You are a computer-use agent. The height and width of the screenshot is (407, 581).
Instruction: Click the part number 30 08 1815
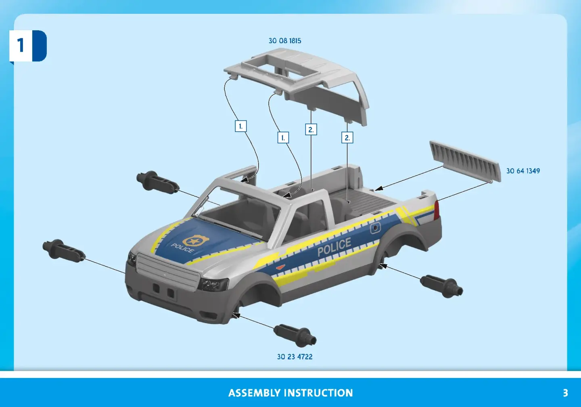(x=285, y=41)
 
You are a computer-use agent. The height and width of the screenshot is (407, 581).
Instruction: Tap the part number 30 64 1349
(x=523, y=171)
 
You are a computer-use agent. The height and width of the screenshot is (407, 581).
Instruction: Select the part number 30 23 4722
(x=295, y=357)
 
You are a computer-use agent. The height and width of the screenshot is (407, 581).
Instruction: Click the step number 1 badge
(x=28, y=46)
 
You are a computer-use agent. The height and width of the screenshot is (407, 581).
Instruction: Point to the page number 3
(x=565, y=393)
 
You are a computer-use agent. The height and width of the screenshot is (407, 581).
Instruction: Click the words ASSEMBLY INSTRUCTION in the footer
(x=290, y=393)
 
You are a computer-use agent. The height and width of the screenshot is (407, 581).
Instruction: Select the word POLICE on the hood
(x=182, y=248)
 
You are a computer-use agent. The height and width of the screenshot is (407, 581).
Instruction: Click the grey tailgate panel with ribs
(x=465, y=161)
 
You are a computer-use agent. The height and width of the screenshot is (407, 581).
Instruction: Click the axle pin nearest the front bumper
(x=64, y=250)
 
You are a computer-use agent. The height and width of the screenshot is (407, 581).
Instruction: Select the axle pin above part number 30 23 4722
(x=295, y=335)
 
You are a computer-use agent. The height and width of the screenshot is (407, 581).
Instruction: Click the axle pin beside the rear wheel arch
(x=441, y=286)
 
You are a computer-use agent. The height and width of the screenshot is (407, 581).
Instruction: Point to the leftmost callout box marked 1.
(x=241, y=126)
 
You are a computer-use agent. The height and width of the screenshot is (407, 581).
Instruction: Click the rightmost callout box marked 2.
(x=347, y=137)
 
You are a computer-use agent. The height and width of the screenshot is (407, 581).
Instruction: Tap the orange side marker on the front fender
(x=280, y=267)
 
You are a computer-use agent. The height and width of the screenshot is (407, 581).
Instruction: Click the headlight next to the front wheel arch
(x=213, y=285)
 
